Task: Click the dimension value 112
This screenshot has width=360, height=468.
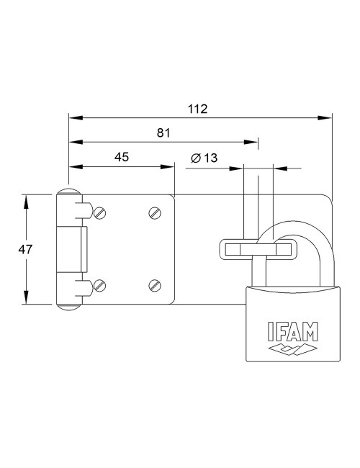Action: click(198, 109)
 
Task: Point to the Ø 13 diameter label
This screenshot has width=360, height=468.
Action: click(204, 158)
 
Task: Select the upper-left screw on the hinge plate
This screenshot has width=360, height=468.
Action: click(101, 212)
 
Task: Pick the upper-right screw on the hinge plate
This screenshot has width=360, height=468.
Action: click(154, 212)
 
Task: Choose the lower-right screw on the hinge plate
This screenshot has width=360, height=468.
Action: click(154, 285)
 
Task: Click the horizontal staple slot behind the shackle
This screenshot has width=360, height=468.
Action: click(256, 249)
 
